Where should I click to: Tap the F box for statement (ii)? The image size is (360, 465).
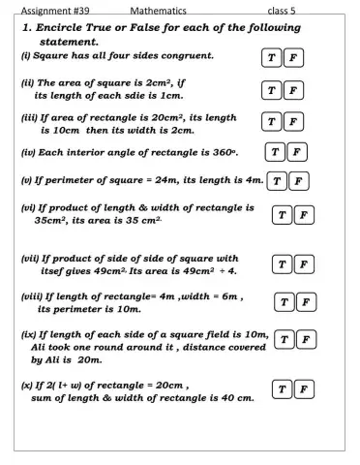pos(293,92)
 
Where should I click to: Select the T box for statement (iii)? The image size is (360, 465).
pos(273,122)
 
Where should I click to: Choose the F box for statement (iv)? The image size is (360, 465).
pos(298,151)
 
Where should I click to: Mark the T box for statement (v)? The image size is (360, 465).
pos(278,181)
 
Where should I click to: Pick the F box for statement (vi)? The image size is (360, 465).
pos(303,215)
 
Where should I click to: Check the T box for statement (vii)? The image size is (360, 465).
pos(281,264)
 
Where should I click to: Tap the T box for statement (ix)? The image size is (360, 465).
pos(283,339)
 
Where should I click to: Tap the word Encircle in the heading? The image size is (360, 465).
pos(63,29)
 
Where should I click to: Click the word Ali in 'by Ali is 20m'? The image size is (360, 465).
pos(53,358)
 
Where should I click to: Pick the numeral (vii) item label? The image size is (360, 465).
pos(32,259)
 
